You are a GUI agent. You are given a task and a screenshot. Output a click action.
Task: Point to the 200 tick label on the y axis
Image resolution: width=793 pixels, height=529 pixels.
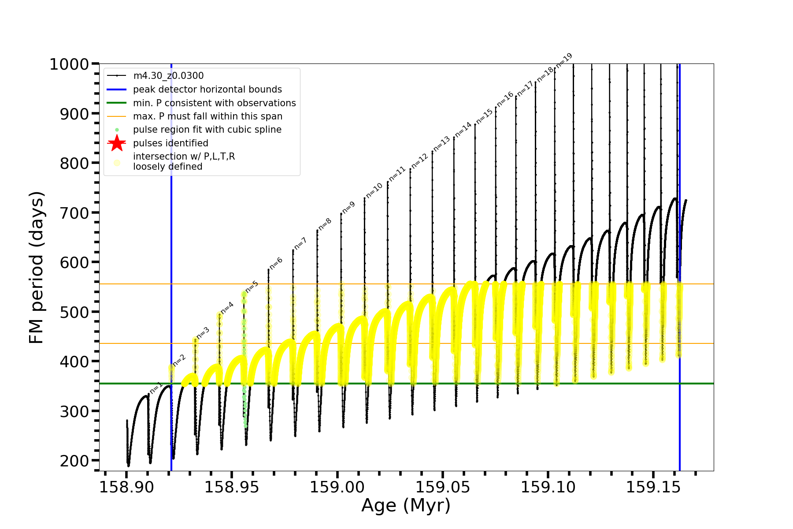click(74, 461)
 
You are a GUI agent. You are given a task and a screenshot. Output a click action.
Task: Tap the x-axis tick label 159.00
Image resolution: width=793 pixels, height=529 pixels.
click(337, 488)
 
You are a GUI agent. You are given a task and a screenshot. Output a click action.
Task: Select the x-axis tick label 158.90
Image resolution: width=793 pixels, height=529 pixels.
click(126, 488)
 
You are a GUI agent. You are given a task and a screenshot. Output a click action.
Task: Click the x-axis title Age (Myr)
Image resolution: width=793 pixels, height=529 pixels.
click(406, 505)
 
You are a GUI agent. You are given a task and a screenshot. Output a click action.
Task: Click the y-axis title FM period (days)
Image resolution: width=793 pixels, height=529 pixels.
click(37, 267)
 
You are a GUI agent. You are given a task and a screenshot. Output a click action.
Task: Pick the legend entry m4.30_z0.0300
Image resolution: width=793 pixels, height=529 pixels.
click(168, 76)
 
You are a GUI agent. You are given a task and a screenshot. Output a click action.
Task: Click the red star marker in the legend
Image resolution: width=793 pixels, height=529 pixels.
click(117, 143)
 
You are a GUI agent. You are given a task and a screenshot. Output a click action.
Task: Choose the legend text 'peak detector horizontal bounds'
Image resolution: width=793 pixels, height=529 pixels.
click(208, 89)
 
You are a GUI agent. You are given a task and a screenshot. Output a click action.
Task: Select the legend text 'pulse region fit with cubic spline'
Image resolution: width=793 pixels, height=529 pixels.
click(207, 130)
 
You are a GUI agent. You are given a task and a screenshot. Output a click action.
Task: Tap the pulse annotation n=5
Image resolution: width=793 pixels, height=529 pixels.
click(252, 287)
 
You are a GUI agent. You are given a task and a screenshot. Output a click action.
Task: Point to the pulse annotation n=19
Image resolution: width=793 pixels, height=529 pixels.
click(564, 60)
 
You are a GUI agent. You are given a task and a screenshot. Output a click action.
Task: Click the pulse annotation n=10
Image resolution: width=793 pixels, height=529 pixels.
click(374, 190)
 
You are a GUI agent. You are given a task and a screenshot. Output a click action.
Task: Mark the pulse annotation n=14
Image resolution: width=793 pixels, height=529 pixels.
click(463, 130)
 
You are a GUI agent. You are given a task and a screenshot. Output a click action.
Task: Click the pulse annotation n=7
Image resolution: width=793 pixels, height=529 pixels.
click(300, 243)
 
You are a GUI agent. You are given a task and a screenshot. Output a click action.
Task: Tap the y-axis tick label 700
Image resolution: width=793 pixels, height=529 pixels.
click(74, 213)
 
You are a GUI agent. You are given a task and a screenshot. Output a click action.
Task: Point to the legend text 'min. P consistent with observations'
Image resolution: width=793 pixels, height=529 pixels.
click(215, 103)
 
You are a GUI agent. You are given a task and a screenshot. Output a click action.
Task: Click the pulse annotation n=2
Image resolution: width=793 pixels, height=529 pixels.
click(179, 360)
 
